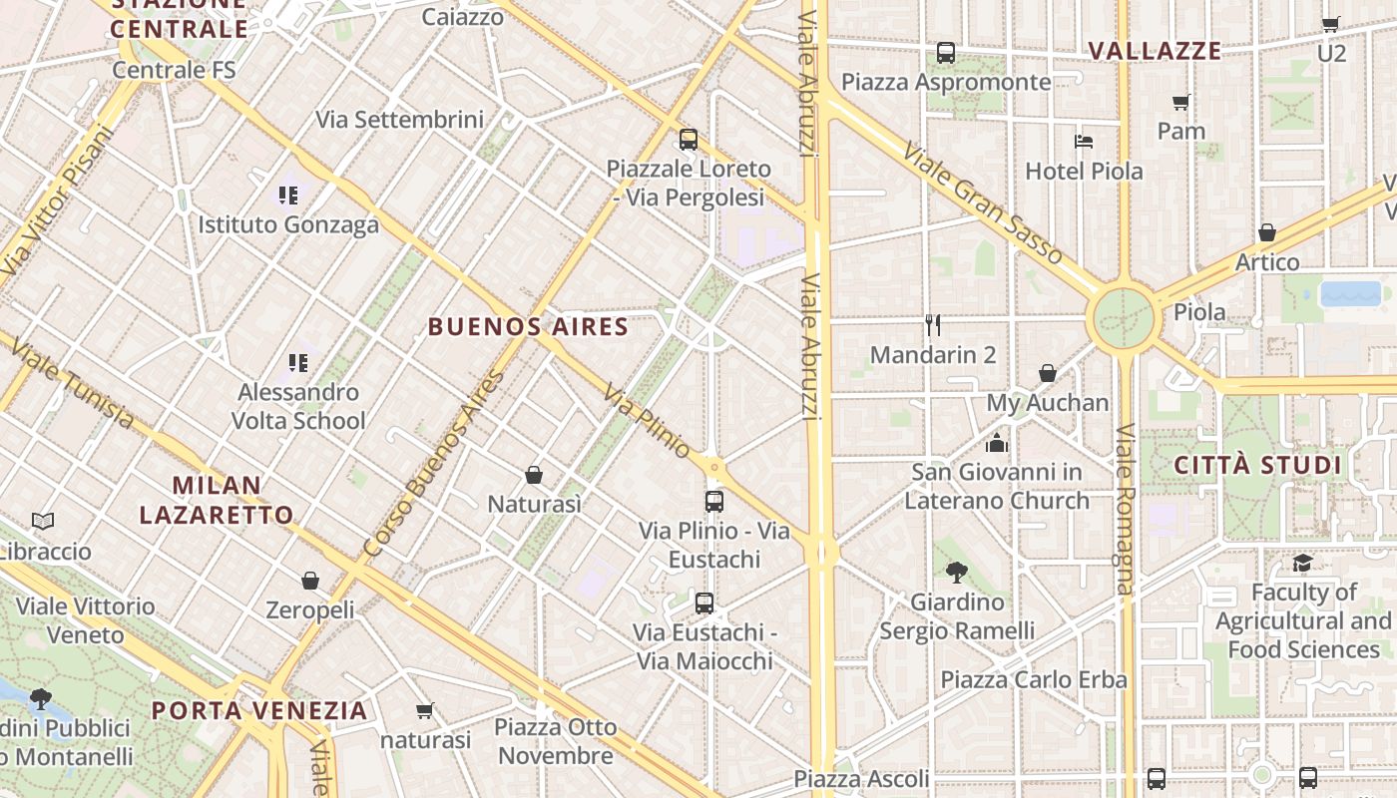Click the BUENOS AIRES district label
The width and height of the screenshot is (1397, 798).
(x=528, y=326)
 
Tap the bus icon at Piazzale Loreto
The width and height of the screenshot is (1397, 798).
(x=688, y=140)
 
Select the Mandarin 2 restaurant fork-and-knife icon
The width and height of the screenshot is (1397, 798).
(x=933, y=324)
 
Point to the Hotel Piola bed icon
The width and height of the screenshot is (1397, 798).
(x=1084, y=141)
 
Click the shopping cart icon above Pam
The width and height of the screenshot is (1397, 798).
(x=1180, y=102)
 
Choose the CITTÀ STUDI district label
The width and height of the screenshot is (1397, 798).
(x=1257, y=465)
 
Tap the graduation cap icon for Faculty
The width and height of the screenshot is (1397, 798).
(x=1302, y=564)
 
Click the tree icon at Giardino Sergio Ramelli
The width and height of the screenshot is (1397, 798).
(x=956, y=572)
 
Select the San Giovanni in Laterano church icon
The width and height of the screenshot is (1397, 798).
(x=996, y=443)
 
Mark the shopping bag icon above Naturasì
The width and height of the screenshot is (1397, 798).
(x=534, y=475)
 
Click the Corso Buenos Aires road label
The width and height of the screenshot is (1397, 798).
(x=435, y=465)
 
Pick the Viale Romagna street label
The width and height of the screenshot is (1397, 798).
(x=1126, y=509)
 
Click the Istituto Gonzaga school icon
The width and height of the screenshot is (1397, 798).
(x=288, y=196)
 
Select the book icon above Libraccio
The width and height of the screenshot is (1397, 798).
(x=43, y=521)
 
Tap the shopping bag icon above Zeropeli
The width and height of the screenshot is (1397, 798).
(x=310, y=581)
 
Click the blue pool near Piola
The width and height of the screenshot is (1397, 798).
(x=1350, y=294)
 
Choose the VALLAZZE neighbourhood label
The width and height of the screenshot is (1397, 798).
(x=1155, y=51)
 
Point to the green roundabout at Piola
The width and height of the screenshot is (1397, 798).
(x=1124, y=319)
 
